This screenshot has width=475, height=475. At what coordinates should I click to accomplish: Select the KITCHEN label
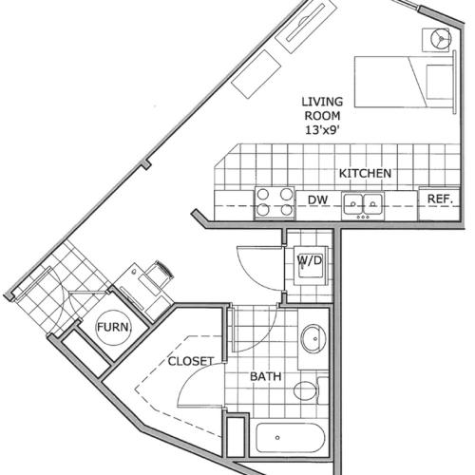(367, 175)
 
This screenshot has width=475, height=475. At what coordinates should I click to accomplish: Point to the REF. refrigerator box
(439, 199)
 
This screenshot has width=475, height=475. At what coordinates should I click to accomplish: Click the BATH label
(265, 377)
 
